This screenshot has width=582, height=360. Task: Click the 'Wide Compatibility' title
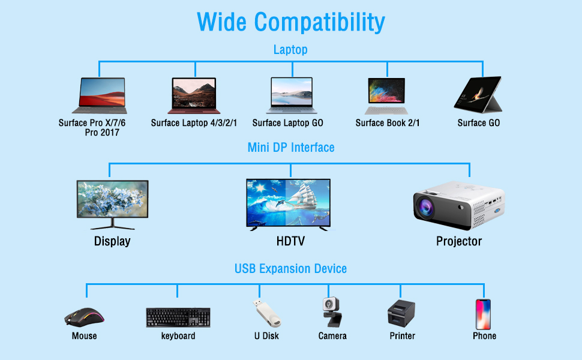coord(290,22)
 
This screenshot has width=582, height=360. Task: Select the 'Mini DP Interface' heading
coord(291,147)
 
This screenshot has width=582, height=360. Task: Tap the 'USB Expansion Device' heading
coord(290,268)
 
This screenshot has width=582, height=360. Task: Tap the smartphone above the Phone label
coord(483,314)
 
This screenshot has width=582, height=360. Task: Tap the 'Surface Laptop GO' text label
coord(287,123)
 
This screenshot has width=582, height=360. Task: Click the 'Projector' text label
coord(458,241)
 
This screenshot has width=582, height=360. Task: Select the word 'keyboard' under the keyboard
coord(178,336)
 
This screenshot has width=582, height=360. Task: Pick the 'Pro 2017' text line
coord(102,133)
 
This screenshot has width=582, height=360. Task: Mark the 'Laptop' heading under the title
coord(290,50)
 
